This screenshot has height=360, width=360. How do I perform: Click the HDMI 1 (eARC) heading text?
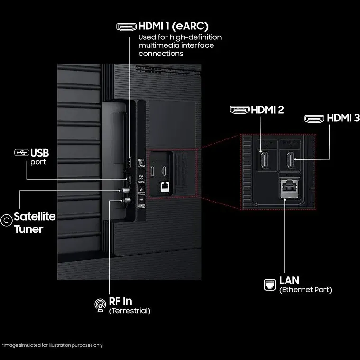click(x=174, y=27)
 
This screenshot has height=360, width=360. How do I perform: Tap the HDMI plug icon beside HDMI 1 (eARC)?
click(x=126, y=27)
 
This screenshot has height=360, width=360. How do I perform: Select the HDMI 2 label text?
click(x=267, y=110)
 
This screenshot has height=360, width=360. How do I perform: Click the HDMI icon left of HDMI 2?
click(x=240, y=110)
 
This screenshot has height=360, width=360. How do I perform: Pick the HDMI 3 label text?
click(x=343, y=118)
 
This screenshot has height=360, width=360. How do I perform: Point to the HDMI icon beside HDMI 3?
click(x=314, y=118)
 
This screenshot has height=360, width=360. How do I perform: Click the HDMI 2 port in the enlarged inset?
click(x=263, y=160)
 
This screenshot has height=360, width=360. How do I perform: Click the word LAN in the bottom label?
click(x=289, y=280)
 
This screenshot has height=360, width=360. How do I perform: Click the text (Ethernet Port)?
click(x=305, y=290)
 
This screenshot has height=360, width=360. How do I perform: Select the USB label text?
click(x=40, y=153)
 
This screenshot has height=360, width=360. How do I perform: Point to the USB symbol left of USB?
click(x=21, y=153)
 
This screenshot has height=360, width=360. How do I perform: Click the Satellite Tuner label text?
click(x=35, y=223)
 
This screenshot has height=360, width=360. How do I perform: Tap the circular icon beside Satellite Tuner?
click(x=7, y=220)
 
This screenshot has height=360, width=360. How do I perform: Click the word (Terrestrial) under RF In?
click(x=129, y=311)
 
